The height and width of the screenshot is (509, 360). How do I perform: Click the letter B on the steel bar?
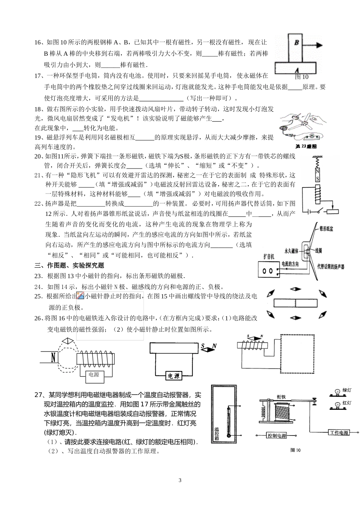297,42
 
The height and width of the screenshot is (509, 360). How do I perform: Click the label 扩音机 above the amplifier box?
269,256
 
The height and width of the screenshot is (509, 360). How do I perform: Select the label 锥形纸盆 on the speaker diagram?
326,229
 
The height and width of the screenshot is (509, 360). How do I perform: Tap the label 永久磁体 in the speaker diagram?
292,251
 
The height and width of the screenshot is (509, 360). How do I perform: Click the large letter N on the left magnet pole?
54,357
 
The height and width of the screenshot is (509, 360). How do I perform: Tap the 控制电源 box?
277,436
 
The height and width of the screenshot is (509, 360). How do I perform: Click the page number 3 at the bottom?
180,481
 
